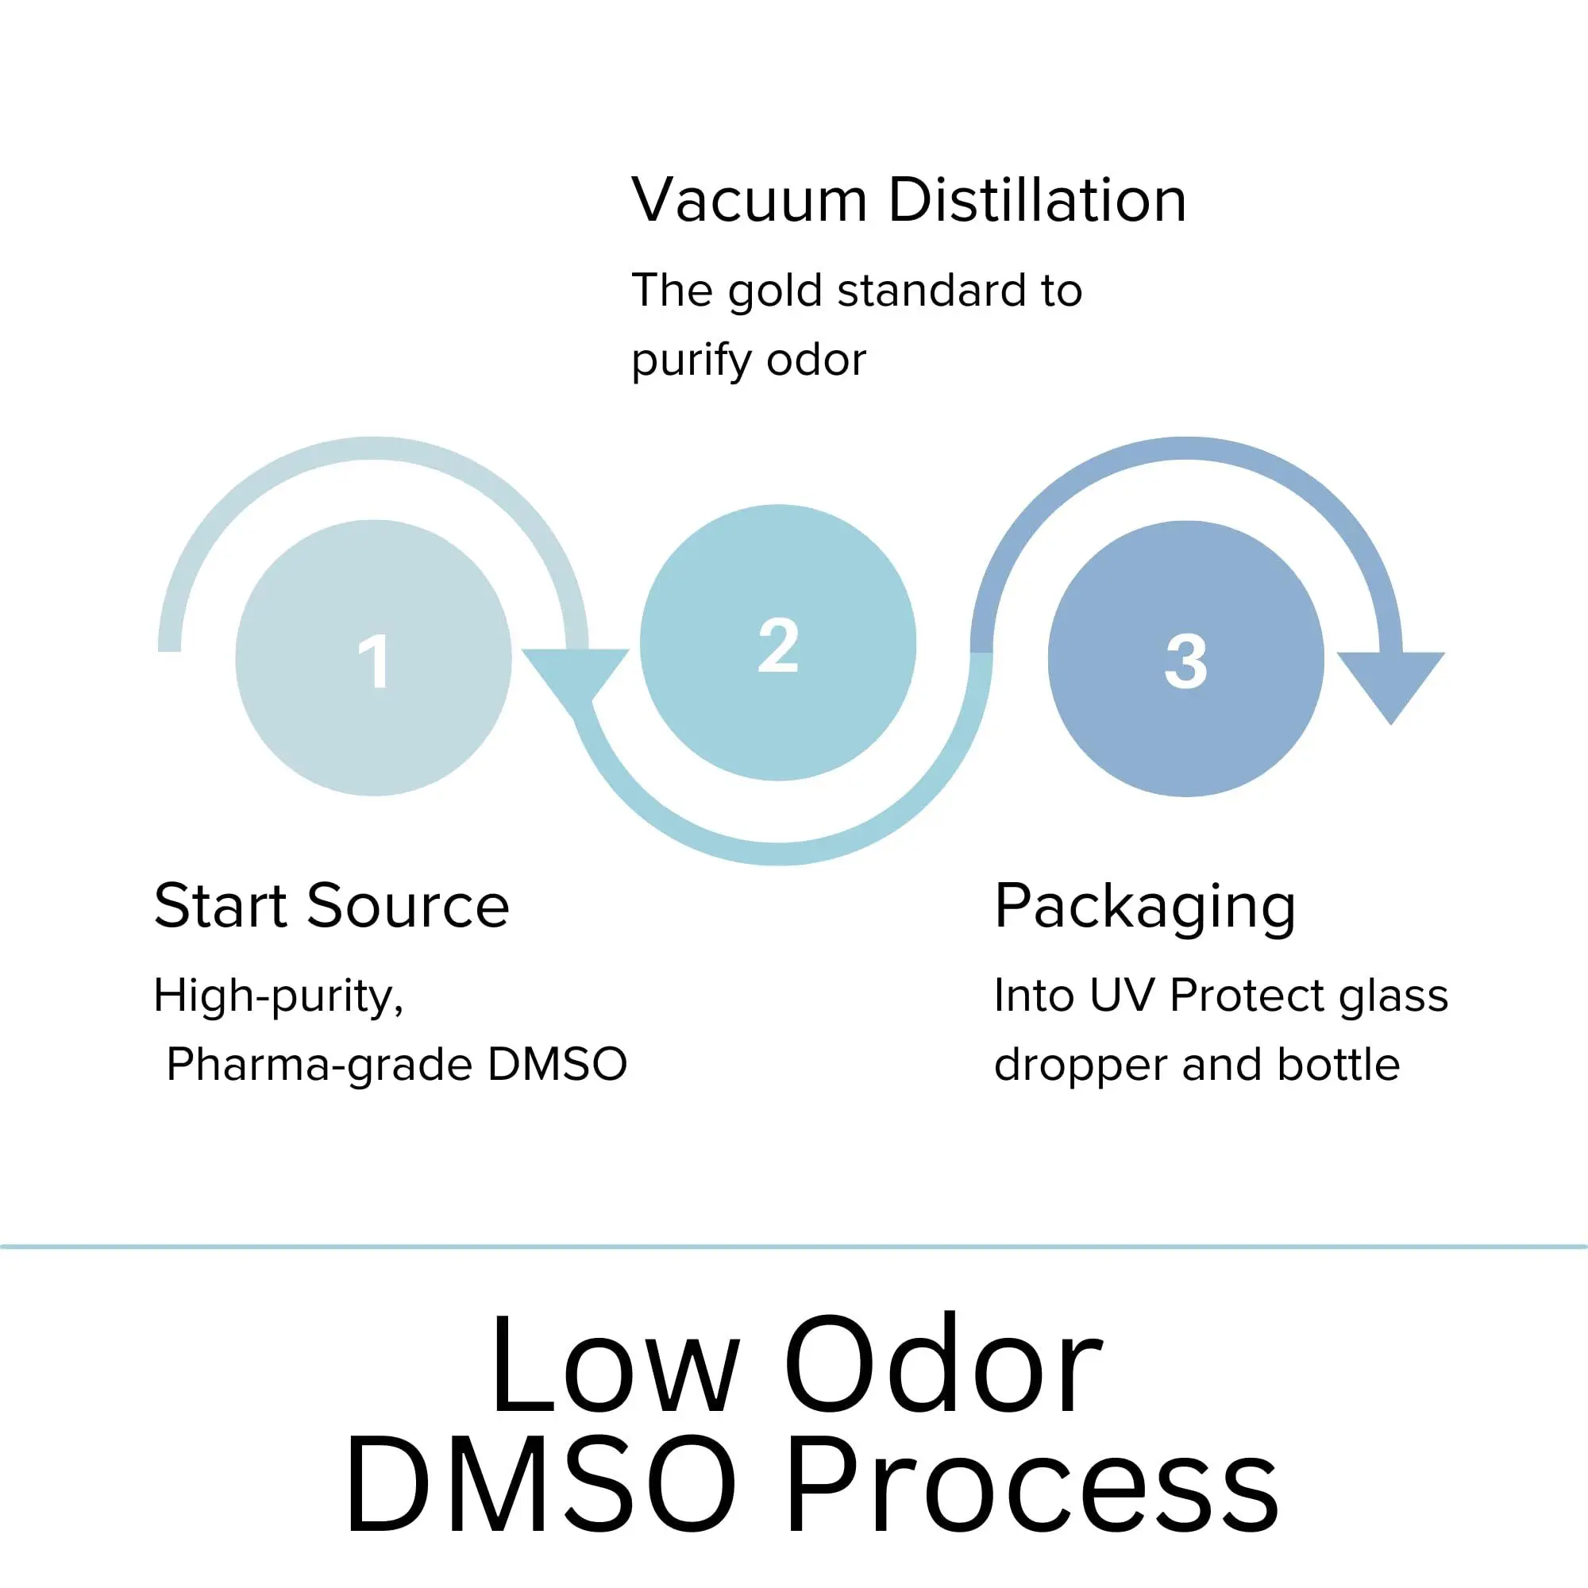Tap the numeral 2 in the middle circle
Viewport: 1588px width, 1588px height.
pyautogui.click(x=777, y=646)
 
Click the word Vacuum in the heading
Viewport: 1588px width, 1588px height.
pyautogui.click(x=749, y=201)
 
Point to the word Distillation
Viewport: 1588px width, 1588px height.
pyautogui.click(x=1037, y=201)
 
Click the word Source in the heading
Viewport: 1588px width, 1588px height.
pyautogui.click(x=408, y=906)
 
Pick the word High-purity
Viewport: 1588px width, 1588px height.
pyautogui.click(x=279, y=997)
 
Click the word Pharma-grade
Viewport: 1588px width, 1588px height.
pyautogui.click(x=319, y=1066)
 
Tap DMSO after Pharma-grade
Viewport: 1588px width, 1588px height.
pyautogui.click(x=557, y=1065)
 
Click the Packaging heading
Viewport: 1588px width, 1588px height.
pyautogui.click(x=1145, y=908)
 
